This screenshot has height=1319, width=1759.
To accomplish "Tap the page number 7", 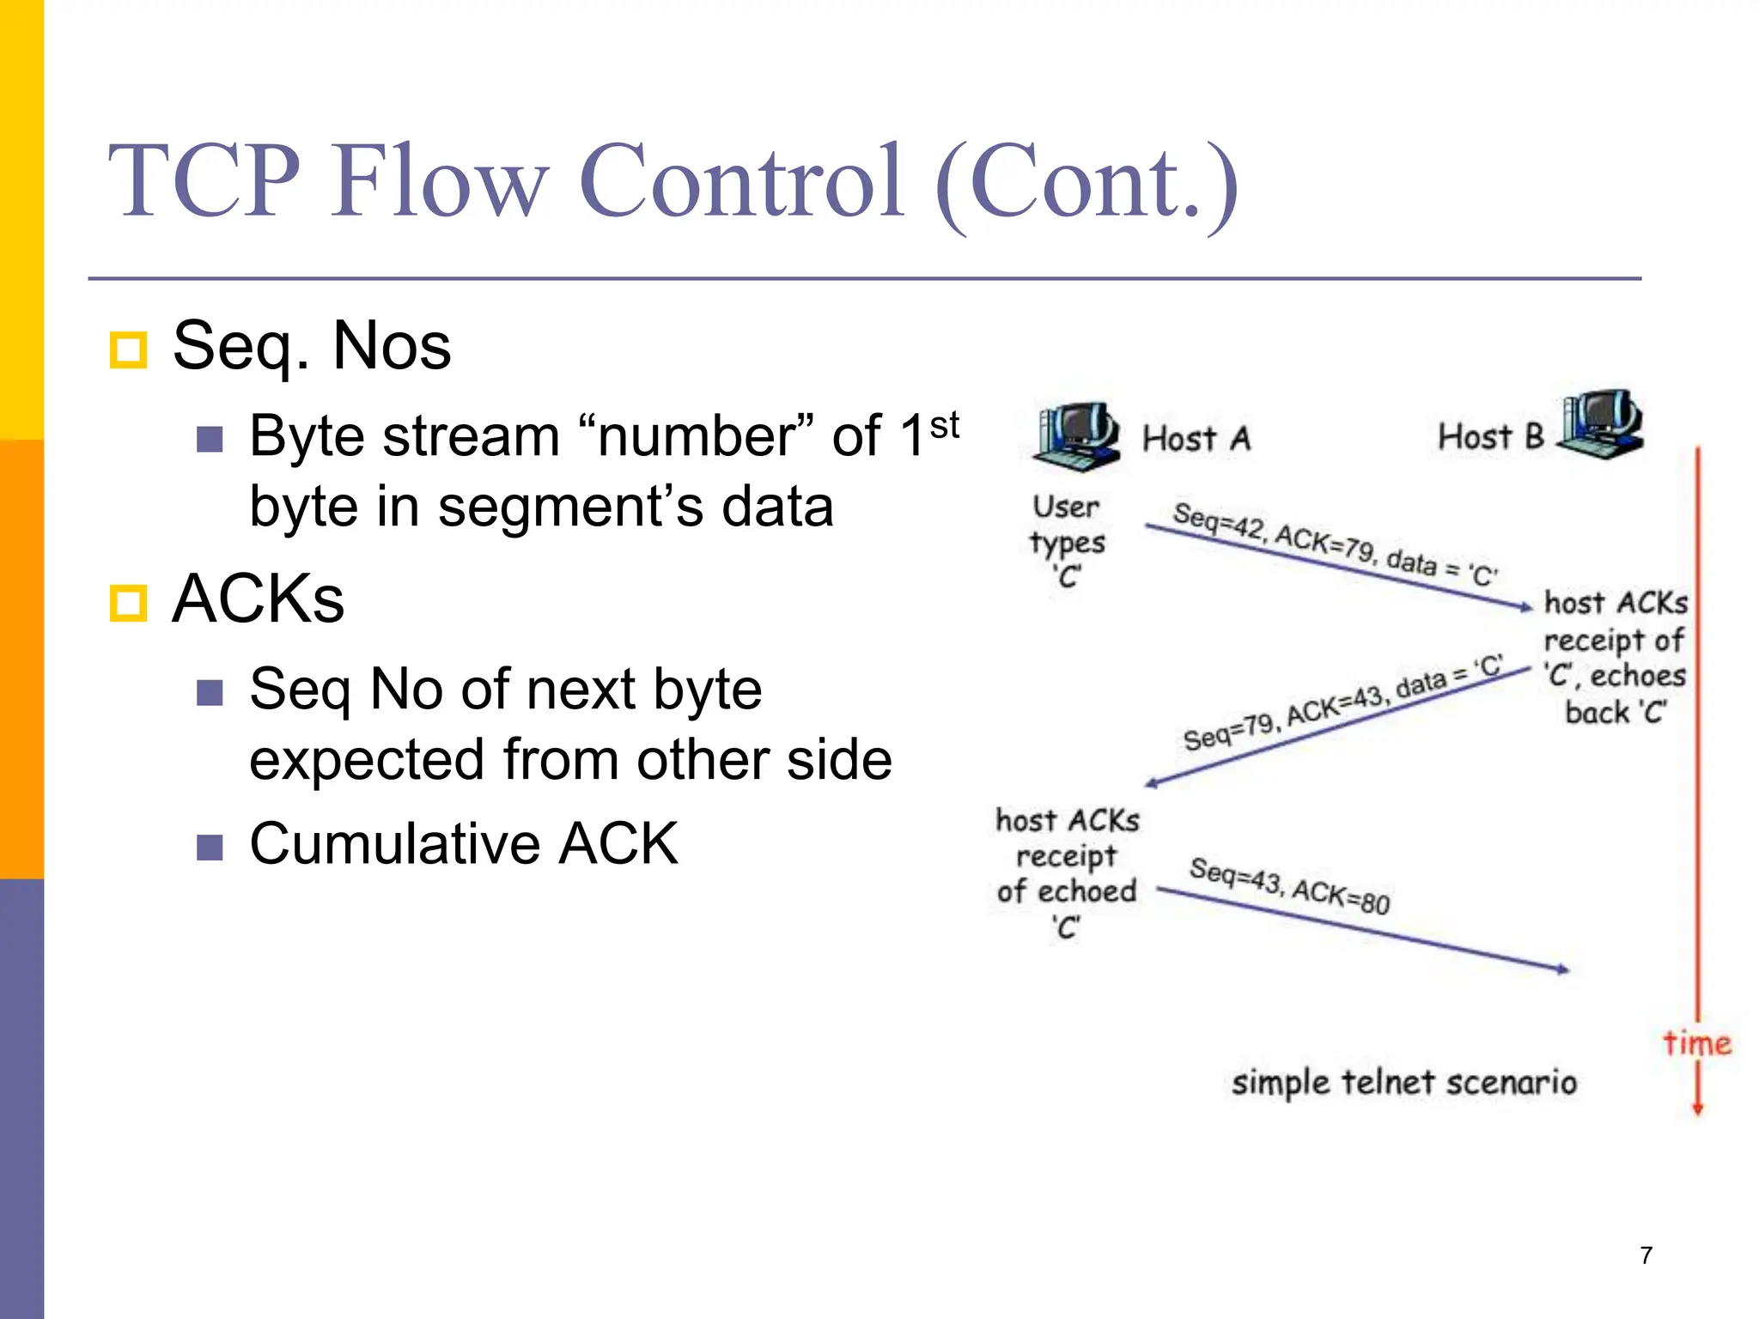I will coord(1646,1255).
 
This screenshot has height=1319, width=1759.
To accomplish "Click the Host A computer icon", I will coord(1076,436).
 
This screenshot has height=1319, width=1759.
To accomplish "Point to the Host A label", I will coord(1196,439).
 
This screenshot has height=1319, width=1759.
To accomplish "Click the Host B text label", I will coord(1490,437).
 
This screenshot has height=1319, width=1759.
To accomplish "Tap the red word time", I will coord(1696,1042).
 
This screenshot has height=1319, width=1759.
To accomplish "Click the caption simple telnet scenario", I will coord(1403,1082).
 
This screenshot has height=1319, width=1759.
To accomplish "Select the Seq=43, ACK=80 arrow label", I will coord(1289,886).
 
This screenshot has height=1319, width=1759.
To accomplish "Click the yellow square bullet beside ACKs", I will coord(129,603).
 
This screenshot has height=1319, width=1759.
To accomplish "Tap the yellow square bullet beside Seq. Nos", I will coord(129,350).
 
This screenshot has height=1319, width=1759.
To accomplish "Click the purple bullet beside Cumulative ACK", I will coord(210,847).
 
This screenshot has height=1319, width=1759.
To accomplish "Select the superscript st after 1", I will coord(944,425).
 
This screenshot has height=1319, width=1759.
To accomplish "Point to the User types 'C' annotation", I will coord(1066,541).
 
